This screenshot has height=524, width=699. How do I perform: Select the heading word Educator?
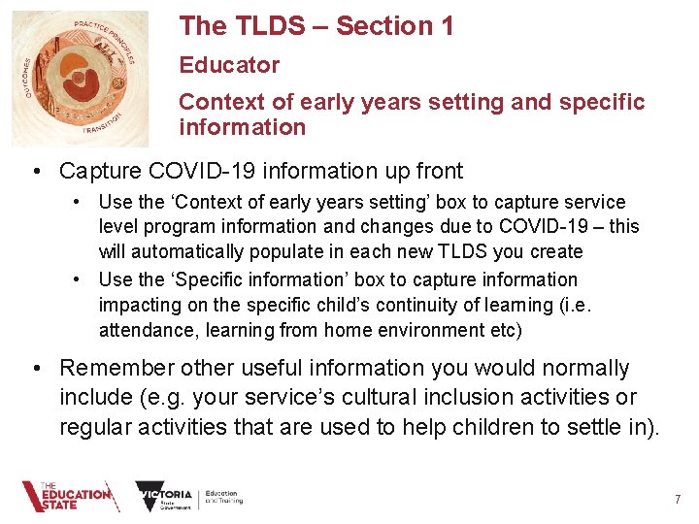229,65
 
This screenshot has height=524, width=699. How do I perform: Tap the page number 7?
678,500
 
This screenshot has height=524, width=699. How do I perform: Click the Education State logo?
68,497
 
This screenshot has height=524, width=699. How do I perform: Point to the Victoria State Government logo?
164,497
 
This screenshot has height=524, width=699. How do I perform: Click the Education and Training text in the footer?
223,498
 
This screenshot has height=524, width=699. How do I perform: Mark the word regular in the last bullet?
96,427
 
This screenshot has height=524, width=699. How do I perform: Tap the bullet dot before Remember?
35,369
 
